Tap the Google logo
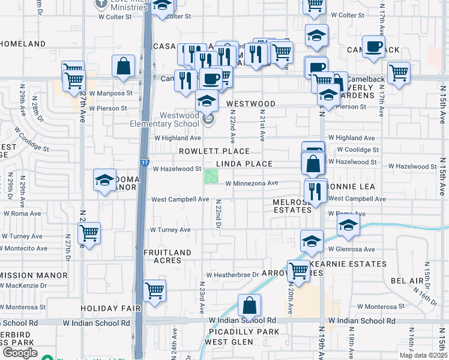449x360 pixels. [19, 353]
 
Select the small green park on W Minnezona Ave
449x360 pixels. [211, 176]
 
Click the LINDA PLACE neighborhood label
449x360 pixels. [244, 164]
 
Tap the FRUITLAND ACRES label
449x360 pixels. [167, 256]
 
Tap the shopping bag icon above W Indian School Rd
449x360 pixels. [250, 305]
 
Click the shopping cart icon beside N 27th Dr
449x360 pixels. [89, 232]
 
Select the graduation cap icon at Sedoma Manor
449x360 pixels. [104, 180]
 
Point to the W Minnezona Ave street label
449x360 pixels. [252, 183]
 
